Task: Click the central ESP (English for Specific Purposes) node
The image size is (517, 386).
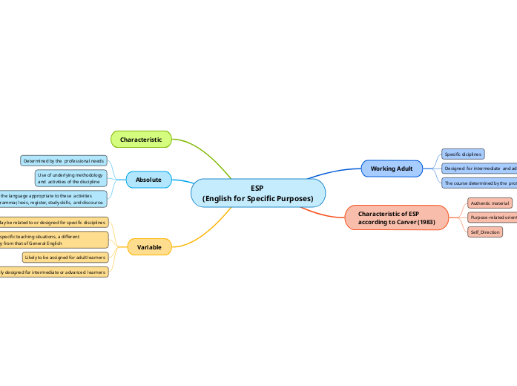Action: [x=258, y=193]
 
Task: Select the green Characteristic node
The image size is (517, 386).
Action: [x=141, y=139]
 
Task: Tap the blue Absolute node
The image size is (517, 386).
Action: [x=148, y=180]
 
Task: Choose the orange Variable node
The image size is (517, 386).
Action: [x=149, y=246]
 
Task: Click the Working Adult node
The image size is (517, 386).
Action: [x=391, y=169]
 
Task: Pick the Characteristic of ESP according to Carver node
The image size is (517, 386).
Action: [x=397, y=217]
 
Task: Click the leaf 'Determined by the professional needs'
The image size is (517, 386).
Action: [x=64, y=160]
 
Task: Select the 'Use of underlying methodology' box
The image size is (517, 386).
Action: [x=70, y=178]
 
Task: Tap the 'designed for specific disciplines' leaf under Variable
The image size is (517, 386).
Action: [x=53, y=222]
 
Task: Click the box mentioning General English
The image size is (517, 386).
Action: [x=53, y=239]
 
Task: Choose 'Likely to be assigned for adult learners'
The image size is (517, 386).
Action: [x=65, y=258]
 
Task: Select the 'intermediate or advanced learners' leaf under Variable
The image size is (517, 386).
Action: [x=53, y=272]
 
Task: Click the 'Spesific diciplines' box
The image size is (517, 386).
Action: [x=463, y=154]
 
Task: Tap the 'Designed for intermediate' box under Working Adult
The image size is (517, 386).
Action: [x=479, y=169]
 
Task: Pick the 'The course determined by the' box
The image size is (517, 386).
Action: [x=479, y=183]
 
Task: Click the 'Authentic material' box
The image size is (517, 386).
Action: [x=490, y=203]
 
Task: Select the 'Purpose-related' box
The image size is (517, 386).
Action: [x=492, y=217]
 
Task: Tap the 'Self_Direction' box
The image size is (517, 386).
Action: [x=485, y=232]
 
